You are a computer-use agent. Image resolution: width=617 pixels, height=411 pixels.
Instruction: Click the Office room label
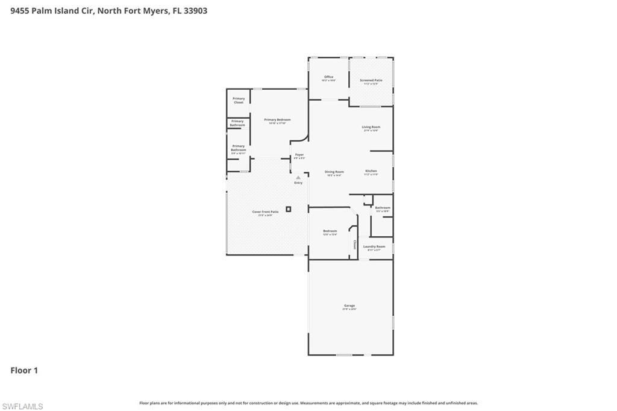pos(328,77)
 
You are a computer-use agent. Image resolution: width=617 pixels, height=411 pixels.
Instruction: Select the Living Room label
pos(371,127)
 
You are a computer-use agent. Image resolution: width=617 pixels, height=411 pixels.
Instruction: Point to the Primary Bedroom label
pos(277,120)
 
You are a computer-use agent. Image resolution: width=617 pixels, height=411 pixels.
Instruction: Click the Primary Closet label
pos(239,100)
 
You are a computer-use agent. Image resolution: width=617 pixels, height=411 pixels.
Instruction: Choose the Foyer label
pos(299,155)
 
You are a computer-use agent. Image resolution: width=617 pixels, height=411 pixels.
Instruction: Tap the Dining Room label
pos(334,172)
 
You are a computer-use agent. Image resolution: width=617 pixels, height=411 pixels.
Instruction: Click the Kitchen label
pos(371,171)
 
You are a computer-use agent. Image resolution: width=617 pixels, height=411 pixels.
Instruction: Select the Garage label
pos(349,306)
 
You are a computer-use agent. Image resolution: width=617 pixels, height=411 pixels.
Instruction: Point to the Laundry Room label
pos(374,246)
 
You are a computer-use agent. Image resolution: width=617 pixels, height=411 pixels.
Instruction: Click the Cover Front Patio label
pos(265,212)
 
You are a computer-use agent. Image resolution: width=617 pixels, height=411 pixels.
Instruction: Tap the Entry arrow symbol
pos(298,177)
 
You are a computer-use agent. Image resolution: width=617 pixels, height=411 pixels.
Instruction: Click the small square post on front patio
pos(289,209)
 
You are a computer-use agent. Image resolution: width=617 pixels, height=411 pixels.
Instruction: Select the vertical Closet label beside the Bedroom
pos(354,245)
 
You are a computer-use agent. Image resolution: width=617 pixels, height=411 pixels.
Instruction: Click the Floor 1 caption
pos(24,371)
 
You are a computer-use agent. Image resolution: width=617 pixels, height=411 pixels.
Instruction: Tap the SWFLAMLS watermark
pos(22,406)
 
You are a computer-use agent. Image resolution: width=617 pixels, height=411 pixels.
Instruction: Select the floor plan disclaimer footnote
pos(308,403)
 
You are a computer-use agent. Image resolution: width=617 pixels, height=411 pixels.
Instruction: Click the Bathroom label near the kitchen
pos(383,208)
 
